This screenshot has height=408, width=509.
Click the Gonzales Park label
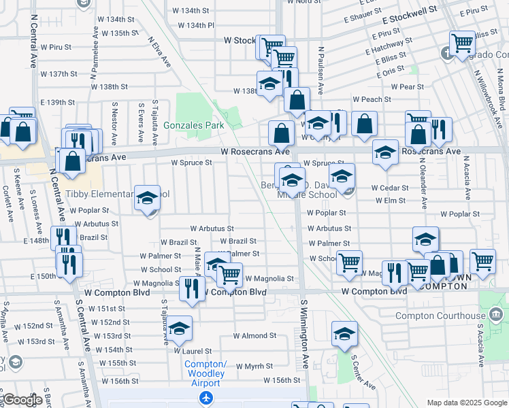[x=197, y=126]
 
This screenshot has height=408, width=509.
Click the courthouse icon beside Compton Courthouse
[x=497, y=314]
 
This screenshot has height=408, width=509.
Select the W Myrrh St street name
[x=254, y=367]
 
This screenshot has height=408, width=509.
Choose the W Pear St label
[x=407, y=87]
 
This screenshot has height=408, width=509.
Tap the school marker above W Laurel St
[x=180, y=329]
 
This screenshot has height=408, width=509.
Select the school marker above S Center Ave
[x=345, y=333]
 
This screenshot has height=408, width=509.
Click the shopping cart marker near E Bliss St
[x=462, y=44]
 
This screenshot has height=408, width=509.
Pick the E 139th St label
[x=57, y=102]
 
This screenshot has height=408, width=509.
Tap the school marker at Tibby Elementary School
[x=147, y=198]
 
